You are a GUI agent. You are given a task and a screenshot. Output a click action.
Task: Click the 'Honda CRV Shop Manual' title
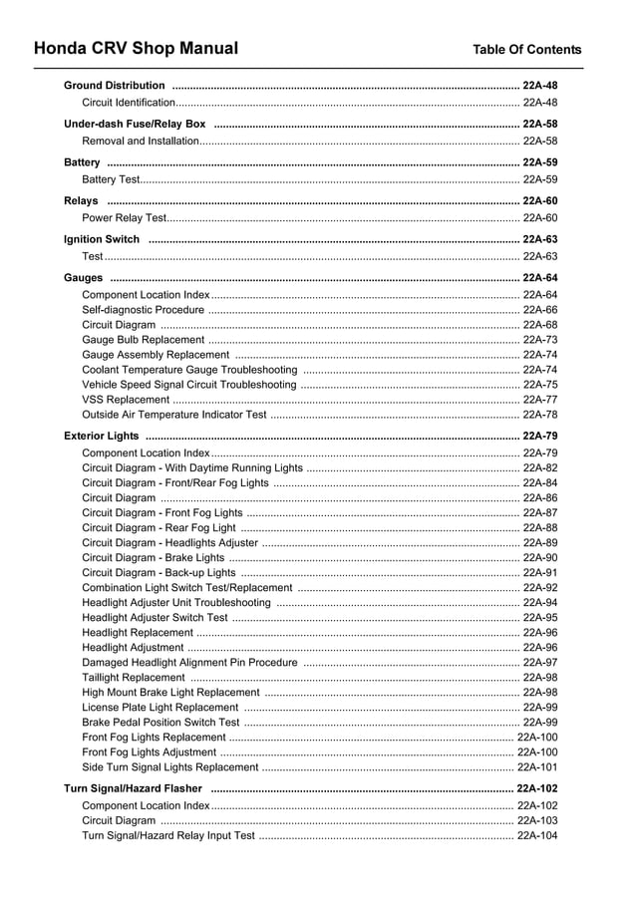pos(136,49)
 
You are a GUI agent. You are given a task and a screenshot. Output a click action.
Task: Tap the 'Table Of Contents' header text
pos(526,50)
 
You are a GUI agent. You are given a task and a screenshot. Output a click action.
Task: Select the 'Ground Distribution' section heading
pos(115,86)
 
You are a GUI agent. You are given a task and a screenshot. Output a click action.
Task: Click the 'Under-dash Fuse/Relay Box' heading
pos(135,125)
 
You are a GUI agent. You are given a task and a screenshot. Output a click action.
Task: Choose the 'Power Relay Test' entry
pos(125,218)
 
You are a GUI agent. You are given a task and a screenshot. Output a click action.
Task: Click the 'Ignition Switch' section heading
pos(102,240)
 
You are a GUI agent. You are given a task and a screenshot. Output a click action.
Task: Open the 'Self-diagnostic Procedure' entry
pos(143,310)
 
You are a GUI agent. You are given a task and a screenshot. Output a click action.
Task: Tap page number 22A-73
pos(539,340)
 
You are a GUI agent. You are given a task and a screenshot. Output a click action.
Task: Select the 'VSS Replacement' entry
pos(126,400)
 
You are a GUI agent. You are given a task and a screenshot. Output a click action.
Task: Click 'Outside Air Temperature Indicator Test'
pos(174,415)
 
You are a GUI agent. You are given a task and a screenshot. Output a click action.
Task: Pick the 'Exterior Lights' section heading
pos(102,437)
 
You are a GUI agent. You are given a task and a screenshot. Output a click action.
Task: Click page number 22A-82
pos(539,468)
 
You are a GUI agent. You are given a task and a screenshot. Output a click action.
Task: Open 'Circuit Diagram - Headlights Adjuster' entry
pos(169,543)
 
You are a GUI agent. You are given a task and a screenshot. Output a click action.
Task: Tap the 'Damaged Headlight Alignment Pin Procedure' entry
pos(189,663)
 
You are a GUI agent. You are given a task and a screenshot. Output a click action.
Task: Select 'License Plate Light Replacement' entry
pos(160,708)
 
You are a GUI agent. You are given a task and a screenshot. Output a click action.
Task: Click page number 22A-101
pos(536,767)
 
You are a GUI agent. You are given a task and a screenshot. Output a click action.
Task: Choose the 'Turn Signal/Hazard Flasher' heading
pos(133,788)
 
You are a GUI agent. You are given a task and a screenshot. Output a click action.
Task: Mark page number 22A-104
pos(536,835)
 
